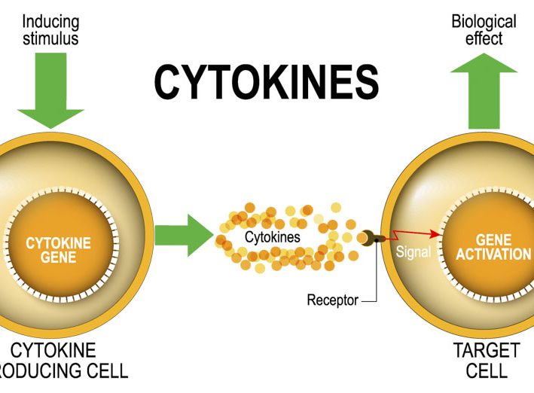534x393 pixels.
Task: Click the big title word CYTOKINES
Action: coord(266,81)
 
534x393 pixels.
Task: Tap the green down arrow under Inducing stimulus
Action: coord(51,90)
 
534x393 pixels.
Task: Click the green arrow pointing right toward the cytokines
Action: coord(183,234)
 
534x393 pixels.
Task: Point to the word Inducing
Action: coord(50,21)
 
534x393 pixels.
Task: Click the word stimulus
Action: coord(51,38)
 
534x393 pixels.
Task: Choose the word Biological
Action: coord(484,21)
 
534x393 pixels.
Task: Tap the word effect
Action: coord(484,38)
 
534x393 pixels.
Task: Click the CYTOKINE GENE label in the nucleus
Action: coord(58,250)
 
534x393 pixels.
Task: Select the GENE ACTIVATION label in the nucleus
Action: coord(493,246)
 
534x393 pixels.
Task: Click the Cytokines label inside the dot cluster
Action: coord(272,237)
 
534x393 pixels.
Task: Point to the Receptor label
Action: coord(333,300)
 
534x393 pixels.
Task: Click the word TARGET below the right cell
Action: coord(486,350)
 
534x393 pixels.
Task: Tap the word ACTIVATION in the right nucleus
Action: coord(493,254)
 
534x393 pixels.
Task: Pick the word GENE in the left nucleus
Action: coord(58,257)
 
